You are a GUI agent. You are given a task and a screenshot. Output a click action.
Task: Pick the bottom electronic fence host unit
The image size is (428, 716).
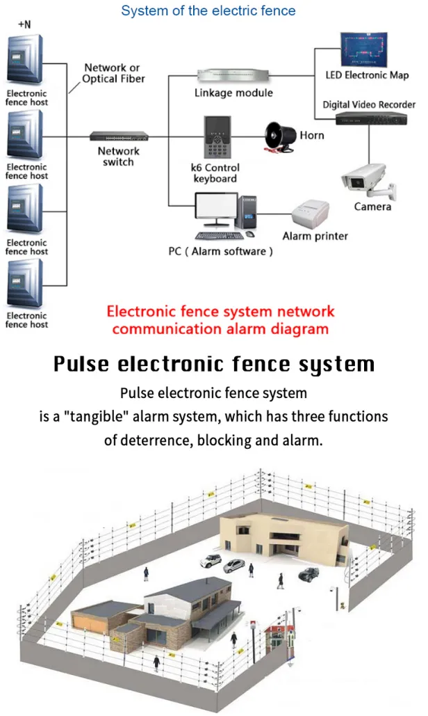(x=26, y=283)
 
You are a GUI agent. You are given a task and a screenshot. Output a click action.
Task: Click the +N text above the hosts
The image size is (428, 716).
(x=25, y=24)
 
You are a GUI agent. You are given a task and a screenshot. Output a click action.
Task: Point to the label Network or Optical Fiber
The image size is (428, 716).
(x=113, y=73)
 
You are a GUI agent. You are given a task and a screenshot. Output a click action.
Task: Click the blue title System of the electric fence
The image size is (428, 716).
(x=208, y=10)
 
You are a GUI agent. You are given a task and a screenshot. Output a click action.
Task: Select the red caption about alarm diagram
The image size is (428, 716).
(x=220, y=320)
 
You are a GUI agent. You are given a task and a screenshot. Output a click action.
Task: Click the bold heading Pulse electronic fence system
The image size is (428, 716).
(x=214, y=364)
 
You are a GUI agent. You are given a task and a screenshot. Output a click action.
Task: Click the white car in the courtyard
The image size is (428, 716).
(x=211, y=559)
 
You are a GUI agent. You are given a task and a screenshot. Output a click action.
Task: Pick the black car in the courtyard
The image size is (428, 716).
(x=308, y=574)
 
